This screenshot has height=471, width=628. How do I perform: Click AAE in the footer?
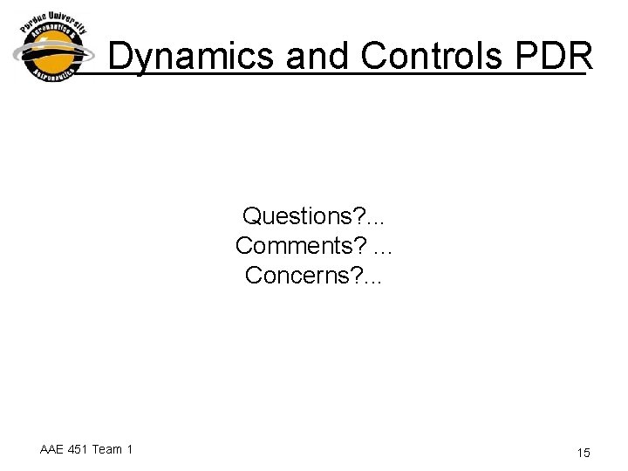(x=54, y=449)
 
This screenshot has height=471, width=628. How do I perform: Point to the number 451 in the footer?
(x=83, y=449)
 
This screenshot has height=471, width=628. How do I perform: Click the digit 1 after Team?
(x=130, y=449)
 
